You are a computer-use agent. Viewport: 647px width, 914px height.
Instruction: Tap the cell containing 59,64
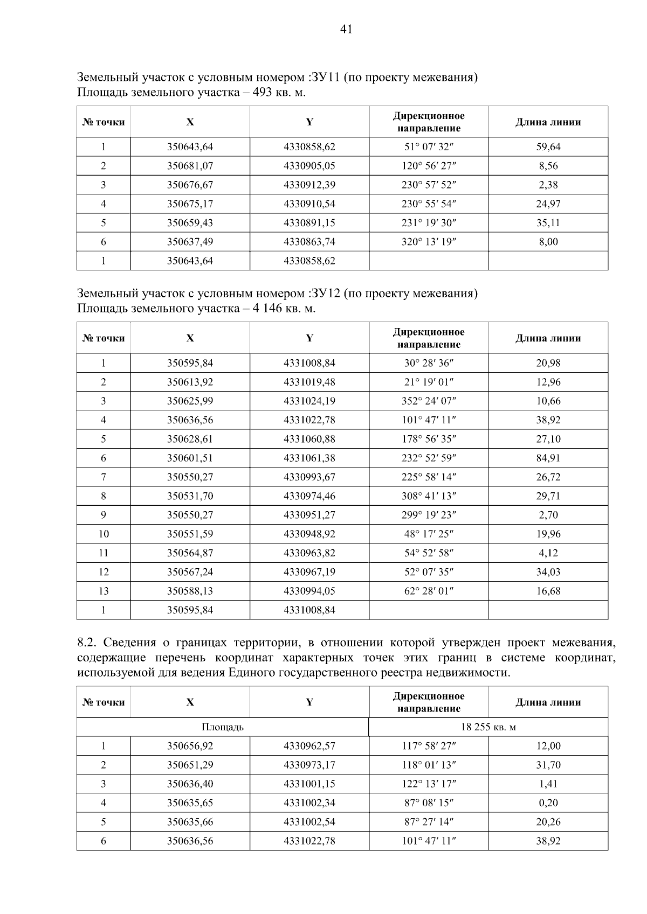[548, 146]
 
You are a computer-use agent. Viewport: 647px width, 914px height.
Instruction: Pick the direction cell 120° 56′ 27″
[429, 166]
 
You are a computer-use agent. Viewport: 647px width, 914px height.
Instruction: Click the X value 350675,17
[190, 204]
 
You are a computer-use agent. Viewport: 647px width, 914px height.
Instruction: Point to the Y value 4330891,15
[309, 223]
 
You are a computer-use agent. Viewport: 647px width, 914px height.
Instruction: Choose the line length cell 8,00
[548, 242]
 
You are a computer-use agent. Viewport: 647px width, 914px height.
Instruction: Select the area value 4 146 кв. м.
[284, 309]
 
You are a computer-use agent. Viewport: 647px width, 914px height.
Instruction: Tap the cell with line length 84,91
[548, 458]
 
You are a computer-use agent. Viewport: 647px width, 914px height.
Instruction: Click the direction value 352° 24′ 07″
[429, 401]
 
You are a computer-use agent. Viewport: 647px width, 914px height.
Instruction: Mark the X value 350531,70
[190, 496]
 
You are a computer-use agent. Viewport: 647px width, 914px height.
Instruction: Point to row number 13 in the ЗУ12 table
[104, 591]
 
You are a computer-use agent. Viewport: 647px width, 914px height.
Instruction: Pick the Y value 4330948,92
[309, 534]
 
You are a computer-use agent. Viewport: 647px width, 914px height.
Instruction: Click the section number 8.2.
[87, 643]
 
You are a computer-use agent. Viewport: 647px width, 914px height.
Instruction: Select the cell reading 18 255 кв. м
[488, 727]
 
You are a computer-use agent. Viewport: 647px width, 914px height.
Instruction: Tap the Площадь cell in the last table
[222, 727]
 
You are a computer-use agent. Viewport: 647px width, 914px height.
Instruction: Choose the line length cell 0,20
[548, 803]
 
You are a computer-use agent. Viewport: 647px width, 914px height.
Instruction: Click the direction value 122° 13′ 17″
[429, 784]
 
